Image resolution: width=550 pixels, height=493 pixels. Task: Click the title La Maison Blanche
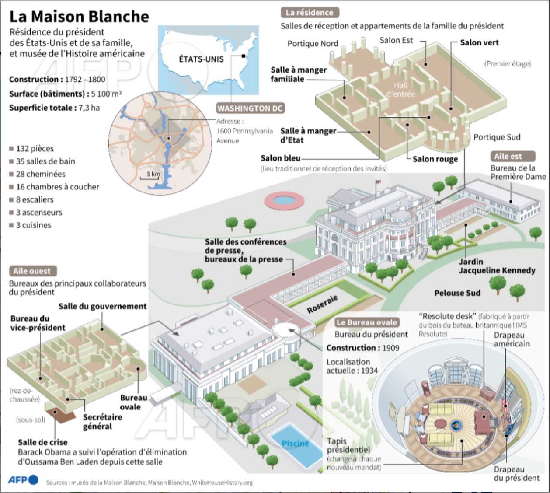pos(79,17)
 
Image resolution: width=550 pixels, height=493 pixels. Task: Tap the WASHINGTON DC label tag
pos(250,108)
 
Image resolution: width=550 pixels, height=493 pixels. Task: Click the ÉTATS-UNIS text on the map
pos(201,59)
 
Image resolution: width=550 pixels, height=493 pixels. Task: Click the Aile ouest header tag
pos(32,271)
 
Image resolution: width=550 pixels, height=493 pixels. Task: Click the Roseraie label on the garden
pos(323,304)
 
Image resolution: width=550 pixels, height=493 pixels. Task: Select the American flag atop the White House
pos(378,182)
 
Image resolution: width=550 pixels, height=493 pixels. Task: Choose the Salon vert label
pos(479,42)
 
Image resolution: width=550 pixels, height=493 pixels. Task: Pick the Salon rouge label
pos(435,159)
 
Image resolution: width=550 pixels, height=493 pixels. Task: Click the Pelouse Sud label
pos(457,293)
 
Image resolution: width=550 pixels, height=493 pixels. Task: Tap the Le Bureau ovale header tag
pos(366,322)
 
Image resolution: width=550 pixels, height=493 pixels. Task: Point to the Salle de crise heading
pos(43,442)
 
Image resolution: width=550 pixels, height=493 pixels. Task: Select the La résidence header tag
pos(310,13)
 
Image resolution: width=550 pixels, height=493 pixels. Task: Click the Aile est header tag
pos(508,156)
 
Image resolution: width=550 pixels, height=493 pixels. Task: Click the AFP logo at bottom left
pos(23,480)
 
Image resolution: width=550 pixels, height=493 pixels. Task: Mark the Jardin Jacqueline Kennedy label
pos(497,266)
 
